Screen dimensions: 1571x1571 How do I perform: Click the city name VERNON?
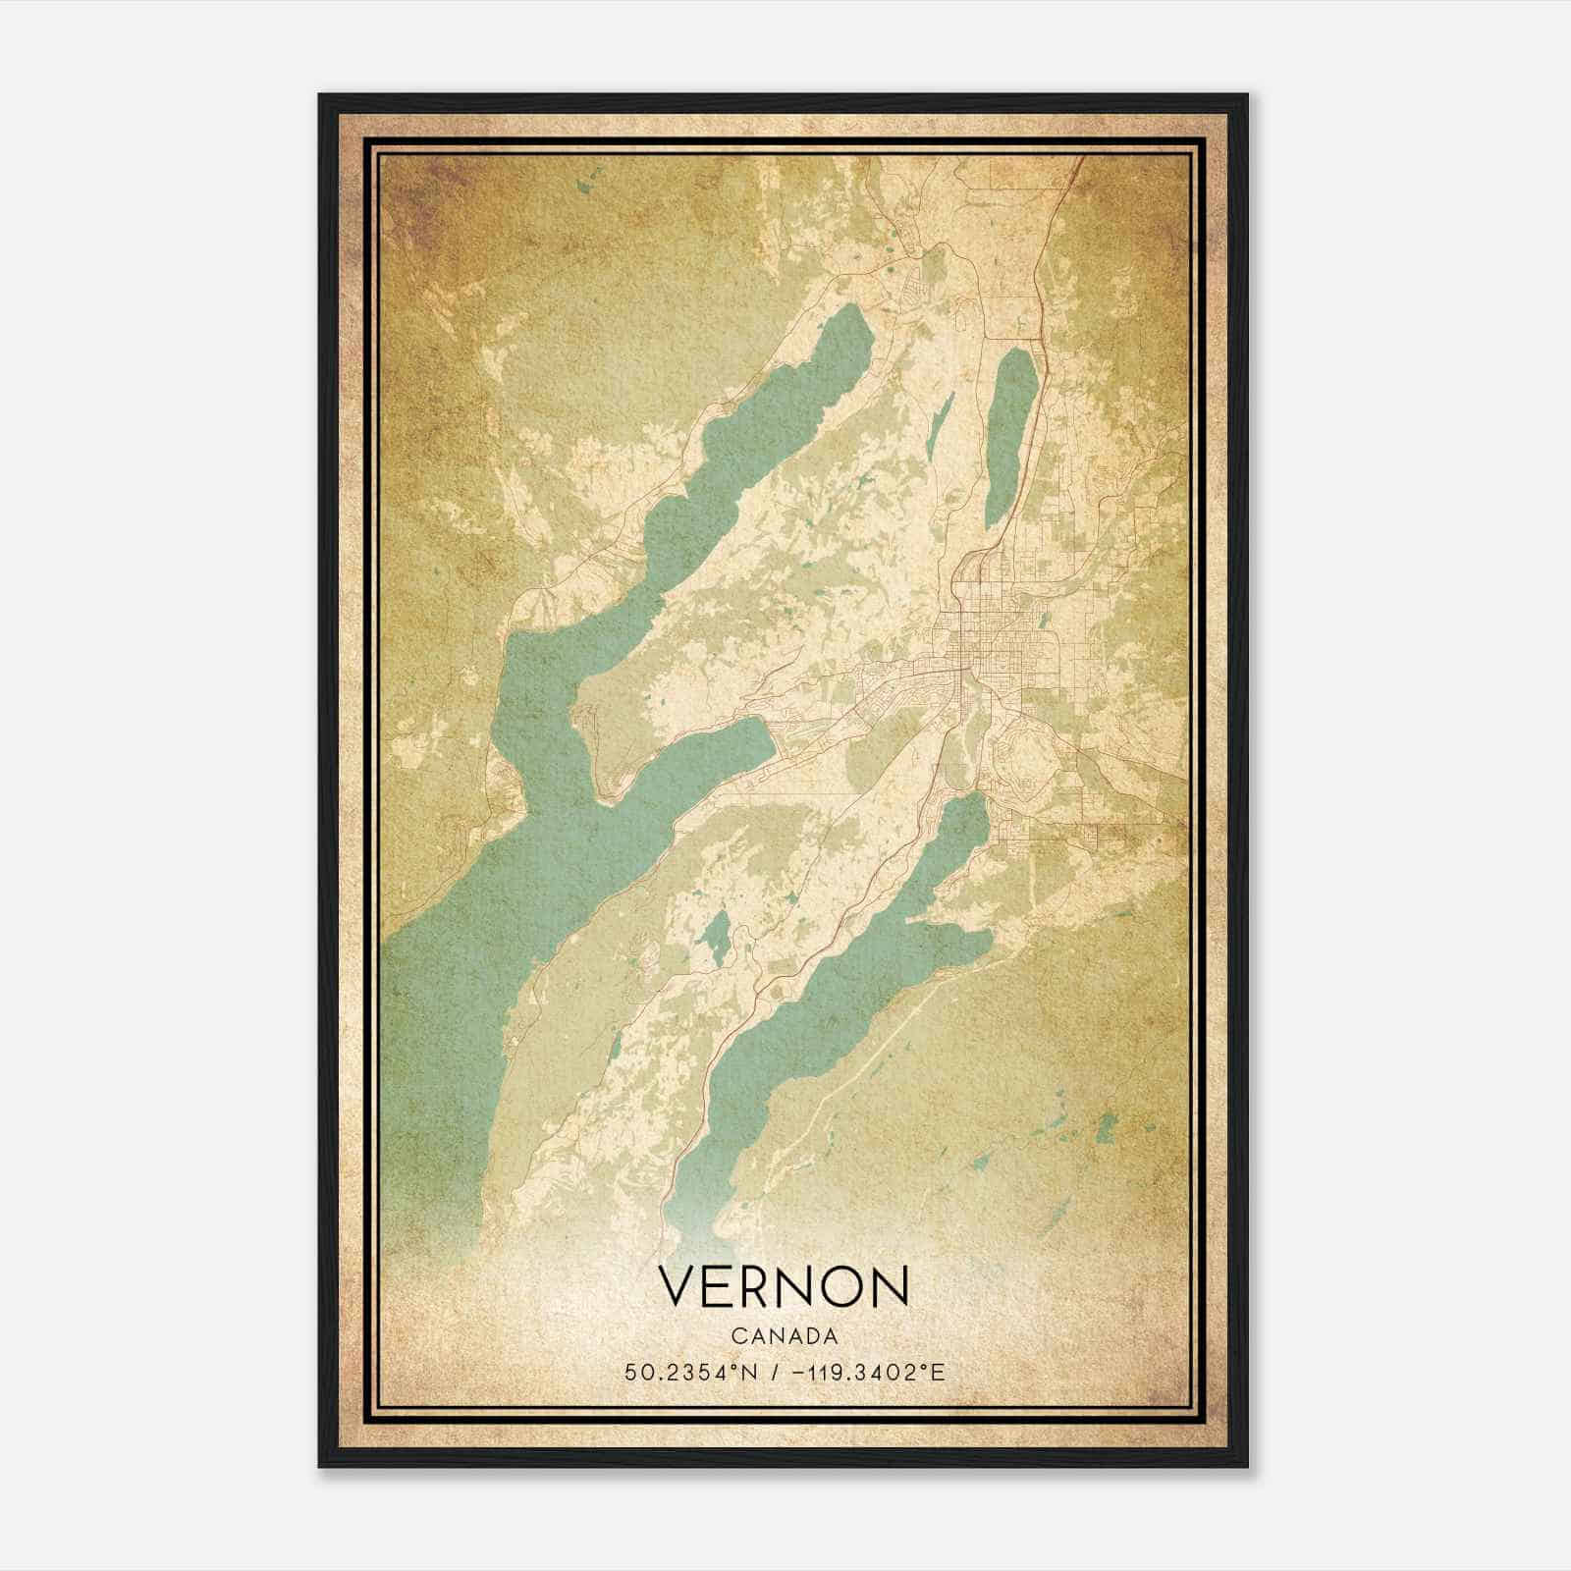coord(784,1286)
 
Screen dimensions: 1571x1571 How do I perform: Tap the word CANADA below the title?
coord(784,1335)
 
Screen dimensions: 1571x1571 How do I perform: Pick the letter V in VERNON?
coord(678,1286)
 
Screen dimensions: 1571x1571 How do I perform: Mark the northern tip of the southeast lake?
coord(975,800)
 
